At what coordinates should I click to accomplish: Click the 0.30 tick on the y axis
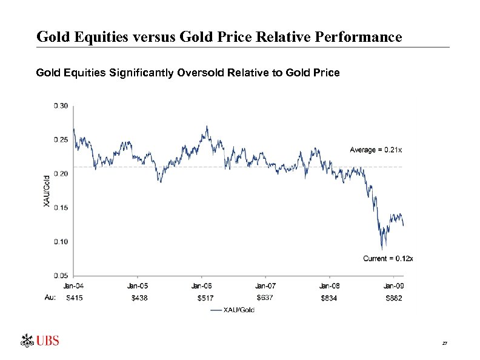61,105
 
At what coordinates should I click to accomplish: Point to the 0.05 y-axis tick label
61,276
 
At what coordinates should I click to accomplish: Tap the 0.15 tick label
61,208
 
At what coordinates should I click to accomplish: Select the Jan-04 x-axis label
74,285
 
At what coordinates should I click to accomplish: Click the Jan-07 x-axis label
265,285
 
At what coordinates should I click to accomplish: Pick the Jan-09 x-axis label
393,285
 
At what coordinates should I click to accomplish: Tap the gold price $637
265,298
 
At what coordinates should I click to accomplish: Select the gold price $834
329,298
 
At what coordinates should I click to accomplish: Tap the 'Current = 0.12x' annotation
388,259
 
